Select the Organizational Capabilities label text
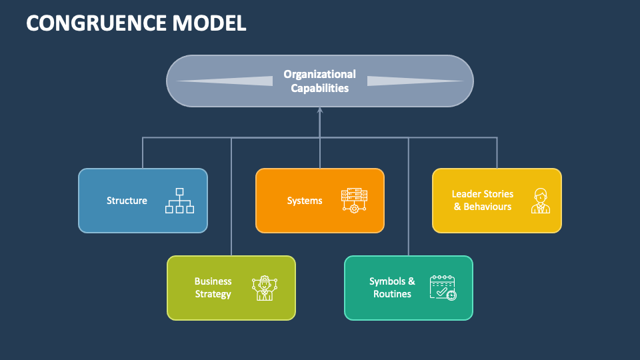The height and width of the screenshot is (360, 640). (x=319, y=81)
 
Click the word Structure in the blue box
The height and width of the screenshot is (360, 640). (x=127, y=201)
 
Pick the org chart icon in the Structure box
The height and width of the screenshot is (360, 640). (x=179, y=201)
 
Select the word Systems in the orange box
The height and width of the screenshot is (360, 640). (x=305, y=201)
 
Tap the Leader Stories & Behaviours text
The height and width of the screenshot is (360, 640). (x=483, y=200)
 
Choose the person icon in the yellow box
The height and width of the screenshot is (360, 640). (x=540, y=201)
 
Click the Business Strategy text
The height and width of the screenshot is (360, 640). (x=213, y=288)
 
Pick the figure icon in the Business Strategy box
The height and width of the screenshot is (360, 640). (x=264, y=288)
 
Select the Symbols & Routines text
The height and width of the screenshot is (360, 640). (x=392, y=288)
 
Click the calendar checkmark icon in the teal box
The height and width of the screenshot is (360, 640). (x=443, y=288)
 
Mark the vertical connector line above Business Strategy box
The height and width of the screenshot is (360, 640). (x=231, y=200)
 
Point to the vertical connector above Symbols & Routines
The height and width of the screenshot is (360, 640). (x=408, y=200)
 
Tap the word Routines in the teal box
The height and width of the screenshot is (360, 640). (x=392, y=294)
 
